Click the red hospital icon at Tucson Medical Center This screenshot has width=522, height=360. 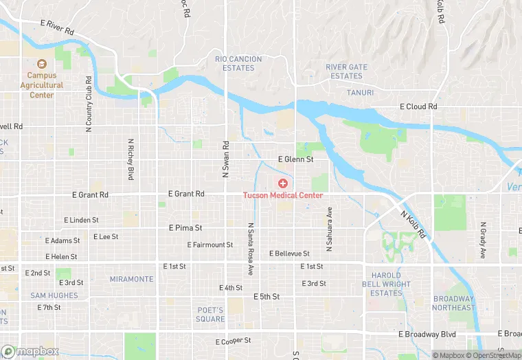tap(282, 183)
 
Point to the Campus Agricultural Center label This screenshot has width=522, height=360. tap(42, 85)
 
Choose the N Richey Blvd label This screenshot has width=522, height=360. tap(130, 159)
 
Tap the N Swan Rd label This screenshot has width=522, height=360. tap(225, 159)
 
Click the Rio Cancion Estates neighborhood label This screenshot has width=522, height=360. tap(238, 64)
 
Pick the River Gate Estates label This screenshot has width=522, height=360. tap(346, 71)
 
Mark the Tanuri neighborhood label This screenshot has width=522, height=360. tap(361, 93)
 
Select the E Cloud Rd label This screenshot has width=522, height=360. tap(418, 107)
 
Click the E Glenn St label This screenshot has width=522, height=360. tap(295, 159)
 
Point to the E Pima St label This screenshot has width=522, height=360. tap(185, 227)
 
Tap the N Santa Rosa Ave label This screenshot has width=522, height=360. tap(251, 249)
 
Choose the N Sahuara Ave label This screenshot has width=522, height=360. tap(329, 229)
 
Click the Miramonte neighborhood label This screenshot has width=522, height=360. tap(132, 279)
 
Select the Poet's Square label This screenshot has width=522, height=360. tap(210, 314)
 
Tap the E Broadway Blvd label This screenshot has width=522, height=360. tap(427, 334)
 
